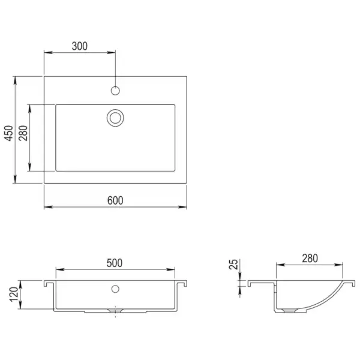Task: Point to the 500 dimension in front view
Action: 115,263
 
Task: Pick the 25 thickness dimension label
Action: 234,265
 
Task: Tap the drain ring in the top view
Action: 115,117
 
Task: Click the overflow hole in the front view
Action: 115,289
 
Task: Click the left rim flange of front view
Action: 49,282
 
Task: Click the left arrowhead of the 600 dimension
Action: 47,208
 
